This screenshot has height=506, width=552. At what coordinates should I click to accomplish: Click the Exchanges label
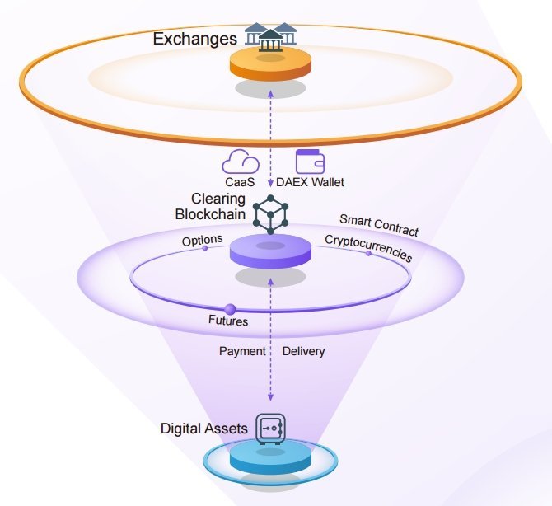[x=194, y=39]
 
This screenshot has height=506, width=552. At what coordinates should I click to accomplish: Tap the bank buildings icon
[x=271, y=36]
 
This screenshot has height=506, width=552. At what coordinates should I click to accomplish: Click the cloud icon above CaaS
[x=241, y=162]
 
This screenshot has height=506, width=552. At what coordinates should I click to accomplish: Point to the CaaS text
[x=240, y=182]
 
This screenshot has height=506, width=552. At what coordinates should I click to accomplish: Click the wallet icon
[x=310, y=162]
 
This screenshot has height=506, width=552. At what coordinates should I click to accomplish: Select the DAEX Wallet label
[x=310, y=182]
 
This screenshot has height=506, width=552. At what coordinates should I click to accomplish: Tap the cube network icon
[x=270, y=214]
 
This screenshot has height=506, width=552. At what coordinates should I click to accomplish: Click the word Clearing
[x=218, y=199]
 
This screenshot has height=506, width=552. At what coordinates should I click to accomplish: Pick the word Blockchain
[x=210, y=214]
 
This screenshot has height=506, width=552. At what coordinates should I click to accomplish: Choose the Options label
[x=202, y=240]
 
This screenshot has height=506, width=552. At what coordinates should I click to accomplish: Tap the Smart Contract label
[x=379, y=225]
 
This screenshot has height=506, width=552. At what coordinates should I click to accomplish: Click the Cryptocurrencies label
[x=368, y=248]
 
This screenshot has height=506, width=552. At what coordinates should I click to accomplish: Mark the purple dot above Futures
[x=230, y=310]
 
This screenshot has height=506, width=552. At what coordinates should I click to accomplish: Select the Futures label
[x=228, y=321]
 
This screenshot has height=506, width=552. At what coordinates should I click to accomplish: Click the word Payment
[x=242, y=351]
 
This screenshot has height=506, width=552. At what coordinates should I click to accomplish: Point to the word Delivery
[x=303, y=351]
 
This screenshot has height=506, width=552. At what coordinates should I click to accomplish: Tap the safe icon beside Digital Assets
[x=270, y=429]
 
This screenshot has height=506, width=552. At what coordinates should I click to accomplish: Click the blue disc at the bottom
[x=270, y=461]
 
